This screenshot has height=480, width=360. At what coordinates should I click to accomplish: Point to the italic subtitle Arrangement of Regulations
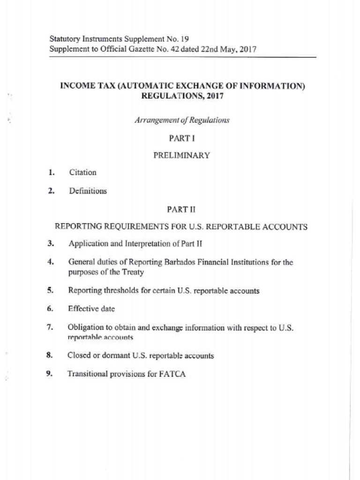click(182, 120)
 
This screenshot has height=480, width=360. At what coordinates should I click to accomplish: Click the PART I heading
click(181, 138)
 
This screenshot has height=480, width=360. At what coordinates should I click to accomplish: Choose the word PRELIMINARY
click(181, 156)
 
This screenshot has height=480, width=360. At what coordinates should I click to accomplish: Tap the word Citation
click(82, 172)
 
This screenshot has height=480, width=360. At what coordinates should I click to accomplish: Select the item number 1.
click(50, 172)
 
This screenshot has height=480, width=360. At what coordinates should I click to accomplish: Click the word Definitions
click(88, 191)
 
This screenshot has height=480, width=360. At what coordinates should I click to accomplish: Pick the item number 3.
click(50, 244)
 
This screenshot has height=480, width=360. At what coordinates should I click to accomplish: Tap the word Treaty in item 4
click(132, 272)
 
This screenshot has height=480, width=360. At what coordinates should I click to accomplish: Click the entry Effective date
click(91, 309)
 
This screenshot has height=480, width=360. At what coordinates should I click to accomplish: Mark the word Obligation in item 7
click(85, 327)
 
